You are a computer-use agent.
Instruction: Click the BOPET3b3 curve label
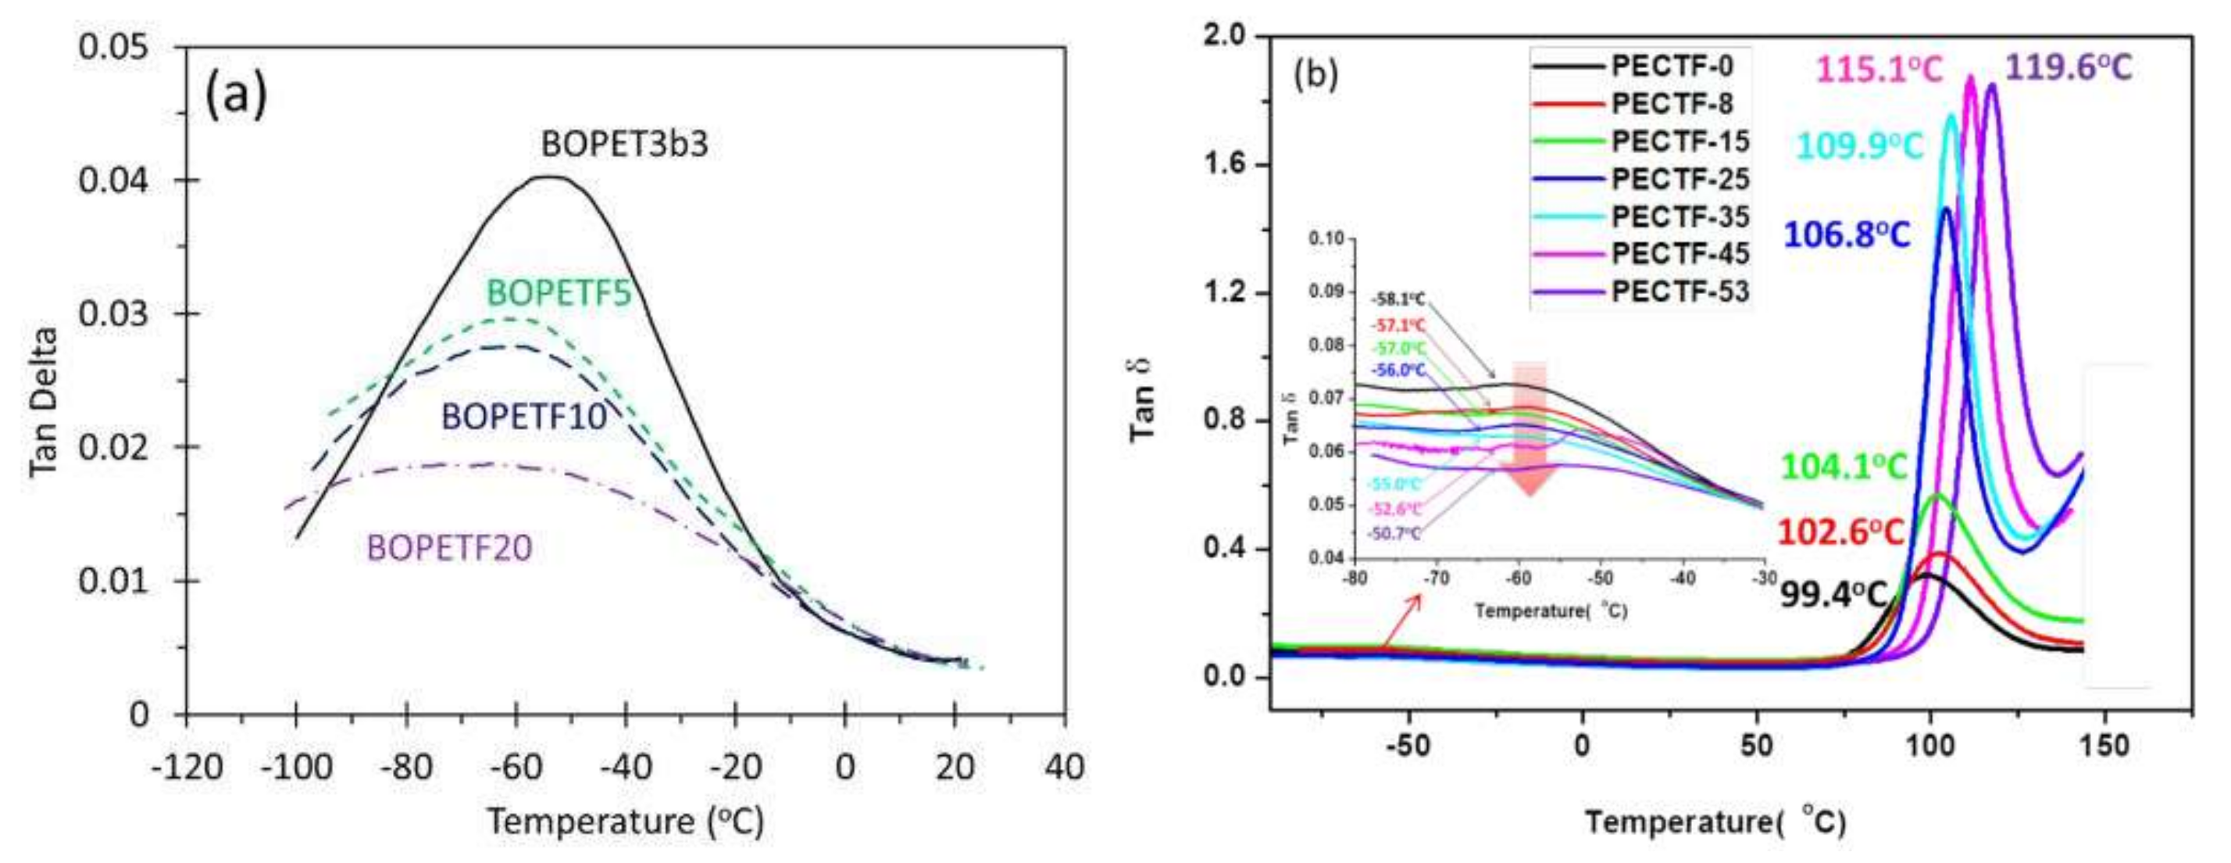[x=624, y=145]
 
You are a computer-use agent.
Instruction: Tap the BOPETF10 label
[x=524, y=417]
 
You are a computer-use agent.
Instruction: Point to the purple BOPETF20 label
[x=449, y=548]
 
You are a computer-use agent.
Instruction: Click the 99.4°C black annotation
[x=1833, y=594]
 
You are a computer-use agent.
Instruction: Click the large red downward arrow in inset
[x=1529, y=429]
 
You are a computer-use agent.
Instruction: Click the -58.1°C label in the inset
[x=1397, y=300]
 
